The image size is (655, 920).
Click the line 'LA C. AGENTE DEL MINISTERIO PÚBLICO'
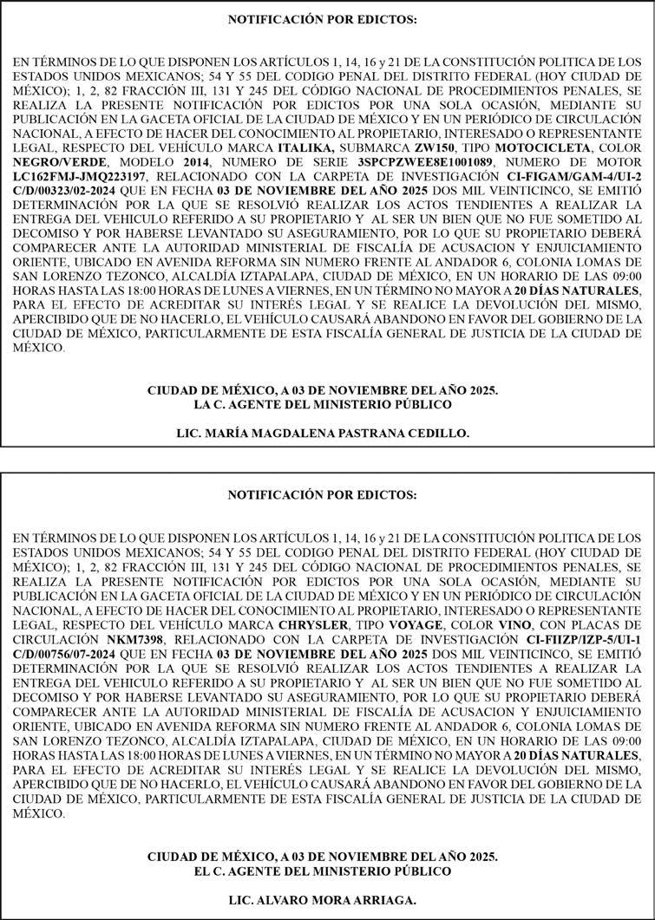(x=323, y=404)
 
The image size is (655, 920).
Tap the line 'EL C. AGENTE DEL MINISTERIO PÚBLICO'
(x=323, y=871)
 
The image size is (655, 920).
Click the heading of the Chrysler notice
(x=322, y=495)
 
